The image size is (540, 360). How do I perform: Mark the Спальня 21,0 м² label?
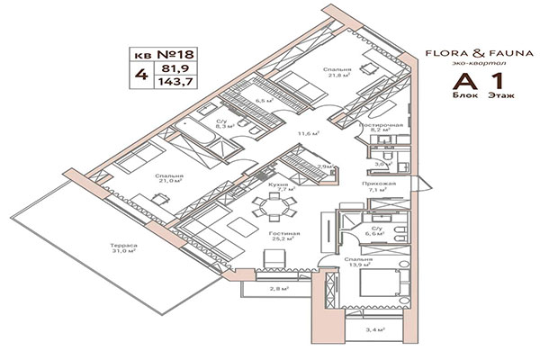[168, 178]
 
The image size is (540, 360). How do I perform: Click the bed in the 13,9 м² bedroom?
[378, 286]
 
